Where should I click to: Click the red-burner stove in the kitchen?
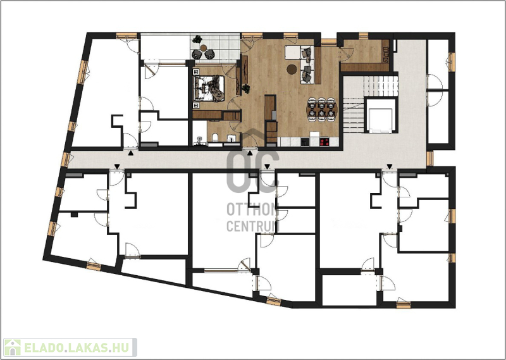(x=324, y=142)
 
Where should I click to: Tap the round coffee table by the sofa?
(x=292, y=69)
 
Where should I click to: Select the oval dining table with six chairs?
(x=322, y=109)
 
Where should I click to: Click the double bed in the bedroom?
(x=209, y=88)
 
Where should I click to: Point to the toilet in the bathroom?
(x=215, y=138)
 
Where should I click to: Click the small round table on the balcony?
(x=203, y=48)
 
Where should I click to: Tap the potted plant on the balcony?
(x=197, y=39)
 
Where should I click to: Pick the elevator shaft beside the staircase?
(x=381, y=116)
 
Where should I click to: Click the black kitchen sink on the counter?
(x=305, y=142)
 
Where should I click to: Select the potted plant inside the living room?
(x=246, y=88)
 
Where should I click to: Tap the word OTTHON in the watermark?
(x=252, y=209)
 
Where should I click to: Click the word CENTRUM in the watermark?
(x=252, y=226)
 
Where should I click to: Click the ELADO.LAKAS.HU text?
(x=77, y=348)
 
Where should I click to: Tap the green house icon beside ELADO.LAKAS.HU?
(x=12, y=347)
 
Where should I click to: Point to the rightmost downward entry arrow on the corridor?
(x=390, y=166)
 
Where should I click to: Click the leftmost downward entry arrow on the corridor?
(x=117, y=166)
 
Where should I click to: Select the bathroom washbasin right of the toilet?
(x=231, y=139)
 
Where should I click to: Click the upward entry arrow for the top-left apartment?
(x=130, y=153)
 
